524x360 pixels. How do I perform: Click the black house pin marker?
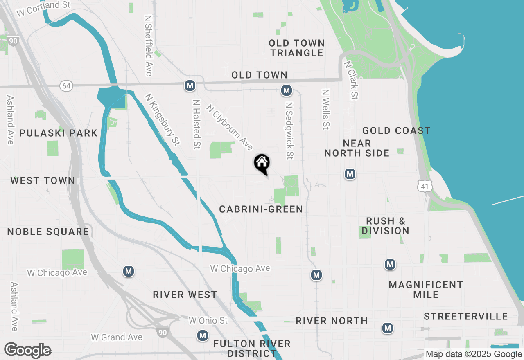(262, 164)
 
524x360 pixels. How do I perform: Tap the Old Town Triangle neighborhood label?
(297, 48)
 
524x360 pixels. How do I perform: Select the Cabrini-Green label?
(261, 209)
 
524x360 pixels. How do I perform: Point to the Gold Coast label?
(396, 130)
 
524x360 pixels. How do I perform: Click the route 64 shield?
(66, 85)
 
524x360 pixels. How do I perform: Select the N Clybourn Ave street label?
(230, 127)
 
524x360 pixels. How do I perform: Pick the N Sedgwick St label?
(290, 130)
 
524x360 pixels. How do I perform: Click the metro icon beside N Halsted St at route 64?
(190, 85)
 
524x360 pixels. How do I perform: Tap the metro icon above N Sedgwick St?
(286, 91)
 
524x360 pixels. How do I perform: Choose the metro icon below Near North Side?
(350, 174)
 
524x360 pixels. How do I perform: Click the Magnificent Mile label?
(426, 290)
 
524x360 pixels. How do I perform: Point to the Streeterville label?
(466, 316)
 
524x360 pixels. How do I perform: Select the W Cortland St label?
(43, 9)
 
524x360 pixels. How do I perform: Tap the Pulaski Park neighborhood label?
(59, 133)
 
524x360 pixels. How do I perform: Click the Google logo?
(27, 351)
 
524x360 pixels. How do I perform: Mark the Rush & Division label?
(385, 226)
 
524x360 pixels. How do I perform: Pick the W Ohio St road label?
(208, 320)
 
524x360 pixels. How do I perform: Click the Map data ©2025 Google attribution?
(474, 354)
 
